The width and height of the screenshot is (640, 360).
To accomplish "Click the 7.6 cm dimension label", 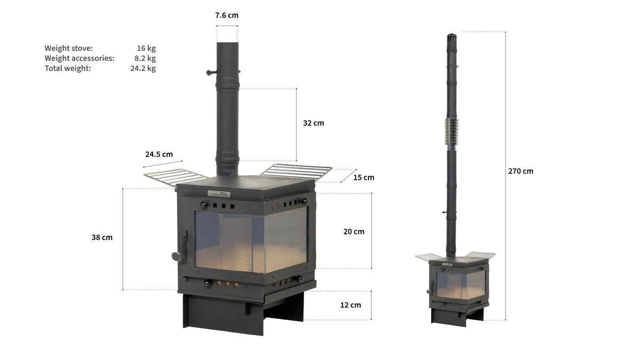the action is click(x=227, y=15).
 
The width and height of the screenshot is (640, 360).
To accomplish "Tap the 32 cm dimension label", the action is click(x=314, y=123).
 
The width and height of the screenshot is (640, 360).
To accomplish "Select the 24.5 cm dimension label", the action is click(x=159, y=154).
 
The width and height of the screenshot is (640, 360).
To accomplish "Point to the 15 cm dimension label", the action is click(x=364, y=178).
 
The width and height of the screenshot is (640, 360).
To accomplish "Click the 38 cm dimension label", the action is click(x=102, y=237).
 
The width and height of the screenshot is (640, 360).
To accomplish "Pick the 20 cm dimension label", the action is click(x=354, y=231).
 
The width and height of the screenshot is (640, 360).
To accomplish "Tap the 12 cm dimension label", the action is click(x=350, y=305).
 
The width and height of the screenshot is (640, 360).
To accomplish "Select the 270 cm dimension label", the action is click(x=521, y=171).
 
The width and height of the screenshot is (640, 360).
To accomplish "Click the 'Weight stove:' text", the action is click(x=69, y=49).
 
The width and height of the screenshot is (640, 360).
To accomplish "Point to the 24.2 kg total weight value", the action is click(x=143, y=68).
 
